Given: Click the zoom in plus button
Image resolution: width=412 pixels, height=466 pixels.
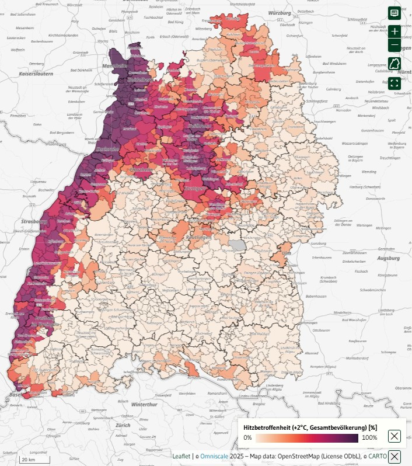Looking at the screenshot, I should (394, 32).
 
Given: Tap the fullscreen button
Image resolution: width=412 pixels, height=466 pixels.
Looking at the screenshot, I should (394, 83).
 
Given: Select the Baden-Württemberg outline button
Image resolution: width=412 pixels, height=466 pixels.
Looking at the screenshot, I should (394, 64).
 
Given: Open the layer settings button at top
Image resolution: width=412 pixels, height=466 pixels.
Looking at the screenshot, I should (394, 13).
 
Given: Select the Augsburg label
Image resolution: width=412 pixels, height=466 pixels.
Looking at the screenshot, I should (388, 258).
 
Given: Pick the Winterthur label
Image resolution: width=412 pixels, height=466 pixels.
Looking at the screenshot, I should (144, 404).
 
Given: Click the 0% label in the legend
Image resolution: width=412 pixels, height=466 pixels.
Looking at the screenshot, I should (247, 437).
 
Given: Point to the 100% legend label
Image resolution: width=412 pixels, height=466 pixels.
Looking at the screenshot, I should (369, 437).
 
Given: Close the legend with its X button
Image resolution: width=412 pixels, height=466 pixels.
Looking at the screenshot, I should (394, 436).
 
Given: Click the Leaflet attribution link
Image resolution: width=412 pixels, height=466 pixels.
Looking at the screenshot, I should (181, 456).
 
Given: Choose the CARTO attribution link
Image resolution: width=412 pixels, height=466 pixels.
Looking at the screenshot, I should (377, 456).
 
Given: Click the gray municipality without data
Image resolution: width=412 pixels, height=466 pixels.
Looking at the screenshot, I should (238, 244).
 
